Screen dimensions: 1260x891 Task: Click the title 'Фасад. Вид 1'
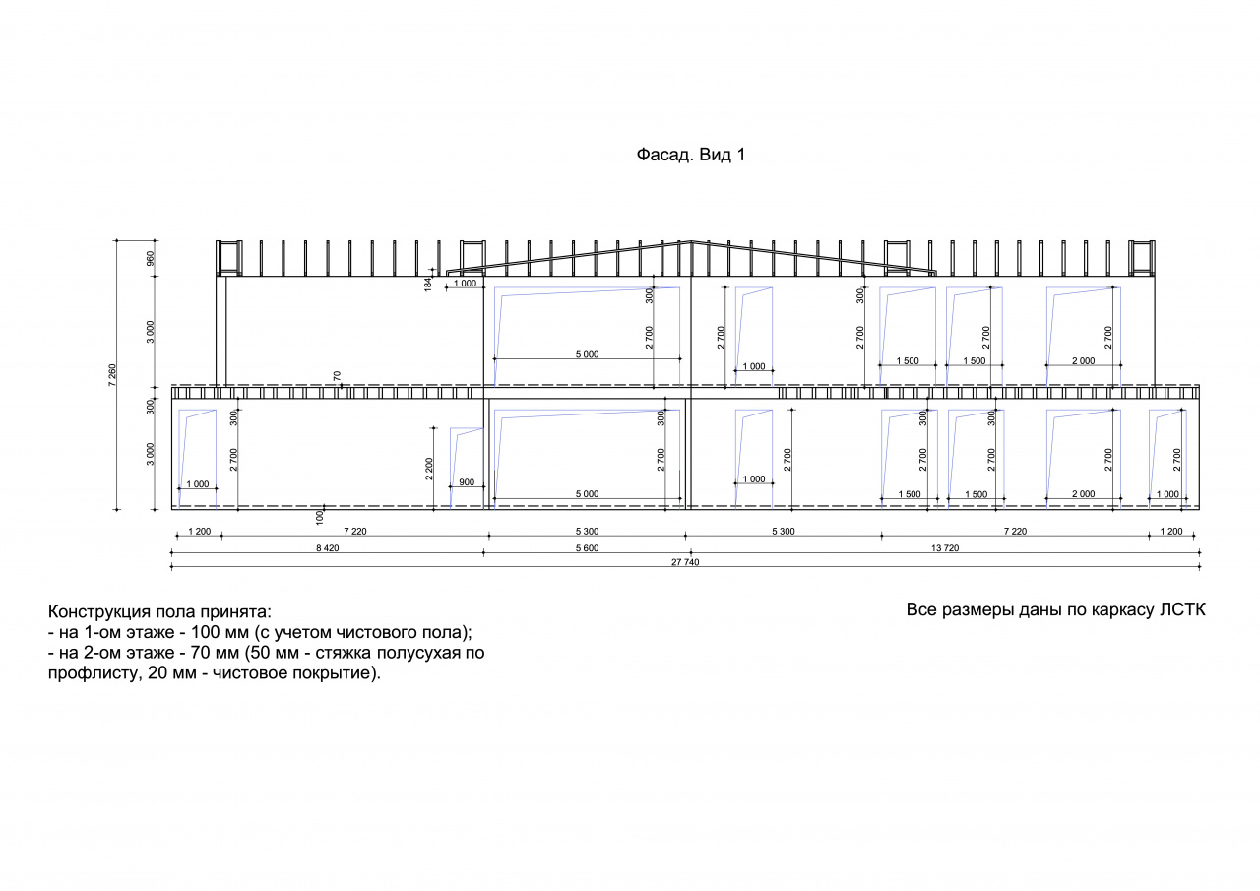[x=691, y=155]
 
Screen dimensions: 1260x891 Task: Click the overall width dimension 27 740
[x=685, y=562]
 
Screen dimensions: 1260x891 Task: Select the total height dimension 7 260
[x=112, y=375]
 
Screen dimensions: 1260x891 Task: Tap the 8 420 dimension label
[x=328, y=547]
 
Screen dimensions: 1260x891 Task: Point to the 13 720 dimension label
[x=945, y=547]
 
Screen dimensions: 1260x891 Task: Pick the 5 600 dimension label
[x=587, y=547]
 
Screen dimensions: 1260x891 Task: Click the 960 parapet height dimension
[x=151, y=259]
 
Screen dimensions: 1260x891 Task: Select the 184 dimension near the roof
[x=428, y=285]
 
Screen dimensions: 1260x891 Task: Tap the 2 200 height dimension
[x=429, y=469]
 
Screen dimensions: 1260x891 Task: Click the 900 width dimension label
[x=467, y=482]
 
